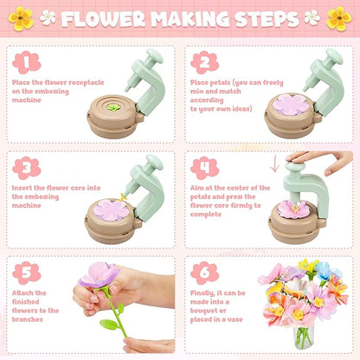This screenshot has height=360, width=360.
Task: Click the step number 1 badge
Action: point(27,62)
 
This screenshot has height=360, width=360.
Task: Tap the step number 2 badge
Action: point(205,62)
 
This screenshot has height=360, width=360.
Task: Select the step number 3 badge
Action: point(27,167)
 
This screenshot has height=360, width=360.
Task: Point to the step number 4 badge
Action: point(205,167)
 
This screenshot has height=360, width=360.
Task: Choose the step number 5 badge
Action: point(27,272)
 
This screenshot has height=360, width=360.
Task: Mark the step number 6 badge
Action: point(205,272)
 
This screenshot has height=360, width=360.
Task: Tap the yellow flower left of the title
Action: point(22,17)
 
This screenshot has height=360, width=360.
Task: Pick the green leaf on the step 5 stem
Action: point(109,325)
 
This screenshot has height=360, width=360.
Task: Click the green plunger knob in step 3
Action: point(154,161)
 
